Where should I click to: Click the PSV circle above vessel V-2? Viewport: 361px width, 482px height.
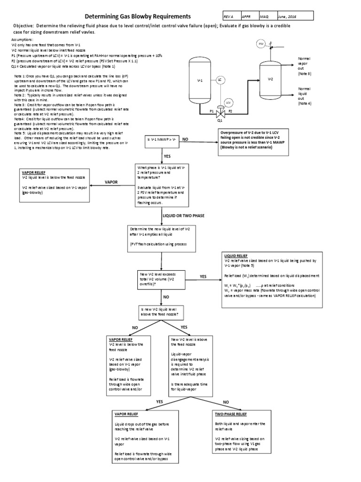click(262, 44)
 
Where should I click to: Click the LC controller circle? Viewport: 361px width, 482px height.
click(219, 80)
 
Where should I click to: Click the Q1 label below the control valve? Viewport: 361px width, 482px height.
click(220, 120)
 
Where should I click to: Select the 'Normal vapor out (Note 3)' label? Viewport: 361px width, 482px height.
click(304, 66)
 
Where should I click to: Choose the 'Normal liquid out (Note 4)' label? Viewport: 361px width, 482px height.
click(304, 96)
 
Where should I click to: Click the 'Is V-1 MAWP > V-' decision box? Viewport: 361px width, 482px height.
click(161, 140)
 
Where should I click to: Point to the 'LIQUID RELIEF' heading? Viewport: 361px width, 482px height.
click(235, 256)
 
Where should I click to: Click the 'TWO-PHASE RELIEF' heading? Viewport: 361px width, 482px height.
click(231, 414)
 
